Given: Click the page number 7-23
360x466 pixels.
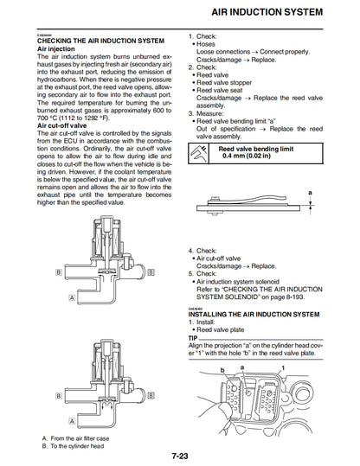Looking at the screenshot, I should click(179, 455).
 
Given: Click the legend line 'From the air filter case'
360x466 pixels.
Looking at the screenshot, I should click(88, 437).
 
